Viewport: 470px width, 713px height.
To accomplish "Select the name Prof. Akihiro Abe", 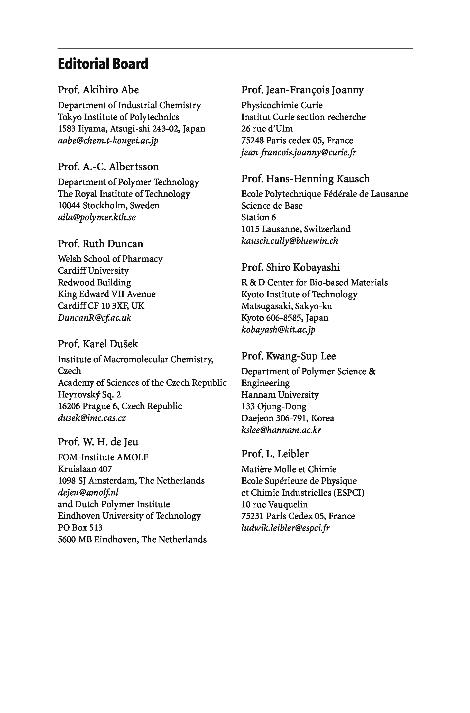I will point(98,90).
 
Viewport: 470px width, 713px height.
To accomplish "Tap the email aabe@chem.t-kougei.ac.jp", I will point(108,140).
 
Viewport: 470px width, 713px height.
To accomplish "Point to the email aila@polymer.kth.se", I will point(97,217).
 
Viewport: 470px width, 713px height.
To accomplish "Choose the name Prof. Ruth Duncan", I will point(100,243).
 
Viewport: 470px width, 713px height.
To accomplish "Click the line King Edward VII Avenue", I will point(106,294).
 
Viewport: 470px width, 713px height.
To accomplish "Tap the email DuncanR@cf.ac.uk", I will point(94,318).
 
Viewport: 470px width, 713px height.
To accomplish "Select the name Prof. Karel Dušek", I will point(98,344).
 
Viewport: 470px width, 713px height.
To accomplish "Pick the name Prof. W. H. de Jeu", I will point(98,442).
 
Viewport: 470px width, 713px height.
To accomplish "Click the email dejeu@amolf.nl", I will point(88,492).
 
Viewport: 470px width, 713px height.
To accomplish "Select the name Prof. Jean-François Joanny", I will point(302,90).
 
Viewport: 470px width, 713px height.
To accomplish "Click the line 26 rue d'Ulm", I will point(267,128).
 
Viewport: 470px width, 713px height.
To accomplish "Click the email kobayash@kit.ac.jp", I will point(278,330).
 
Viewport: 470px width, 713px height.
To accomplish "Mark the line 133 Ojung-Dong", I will point(274,406).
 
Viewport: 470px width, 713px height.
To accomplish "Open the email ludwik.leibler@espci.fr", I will point(285,528).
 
